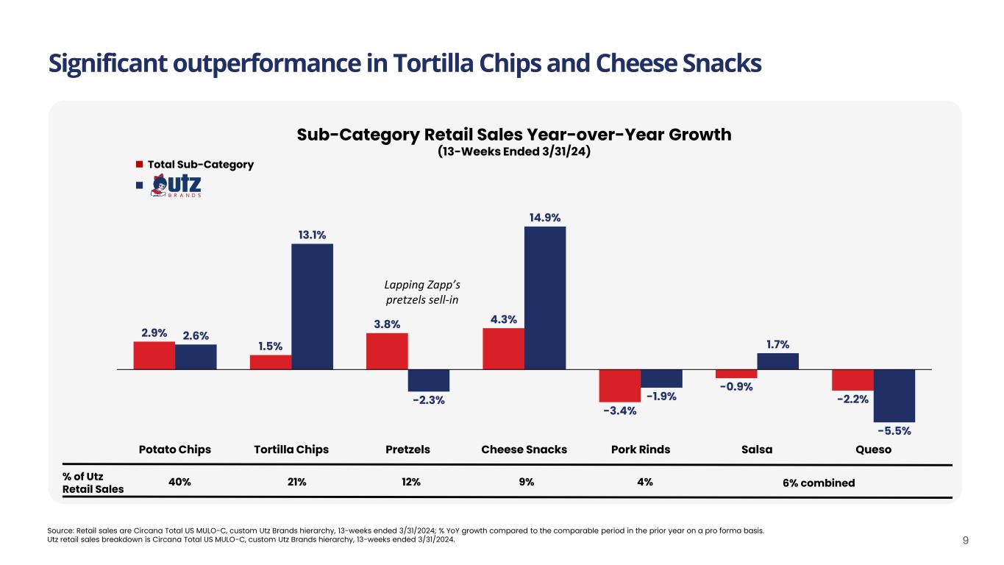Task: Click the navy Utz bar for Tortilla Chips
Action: point(312,306)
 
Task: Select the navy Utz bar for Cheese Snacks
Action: point(545,297)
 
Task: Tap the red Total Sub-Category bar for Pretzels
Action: point(387,351)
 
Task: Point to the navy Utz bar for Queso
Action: point(894,395)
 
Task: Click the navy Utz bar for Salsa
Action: point(777,361)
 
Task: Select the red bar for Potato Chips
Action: point(154,355)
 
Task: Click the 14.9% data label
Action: point(544,218)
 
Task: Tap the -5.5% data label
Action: point(894,430)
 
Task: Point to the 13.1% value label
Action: point(312,235)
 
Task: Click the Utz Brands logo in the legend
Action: point(177,185)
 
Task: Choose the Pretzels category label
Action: point(408,449)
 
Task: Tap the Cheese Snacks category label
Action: point(524,449)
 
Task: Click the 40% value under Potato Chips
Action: point(179,483)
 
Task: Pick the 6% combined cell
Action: point(819,483)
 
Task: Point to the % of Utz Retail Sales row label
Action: point(93,483)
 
